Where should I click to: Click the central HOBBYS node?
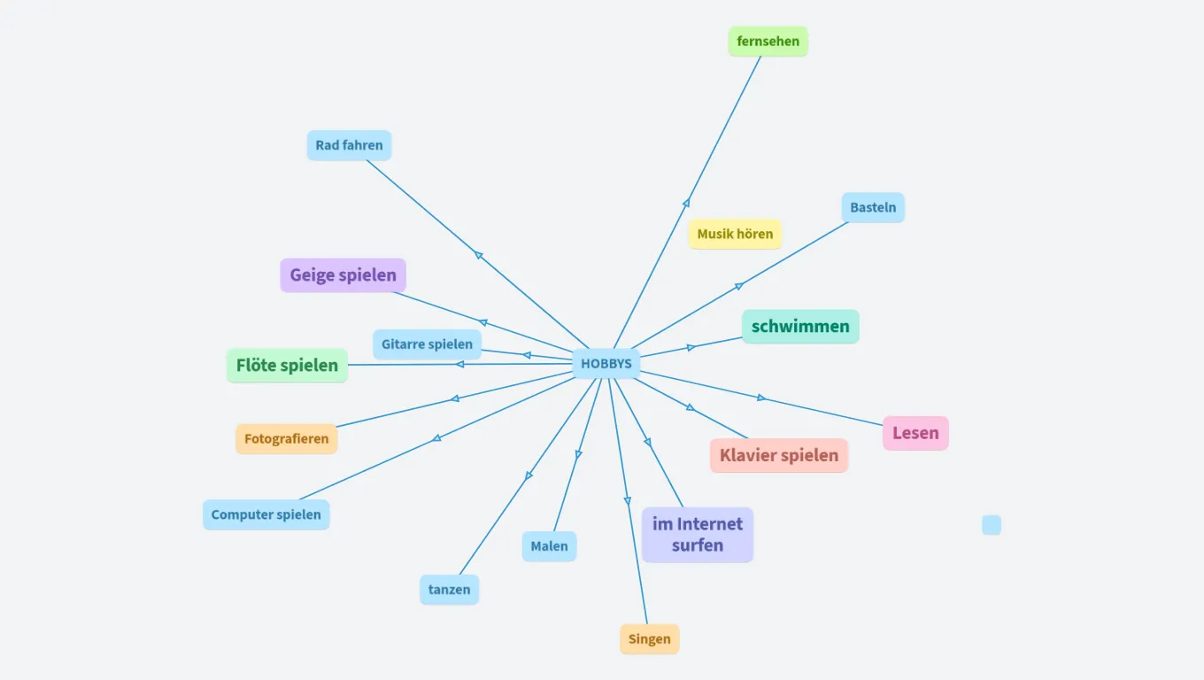[606, 364]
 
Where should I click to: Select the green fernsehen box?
[768, 42]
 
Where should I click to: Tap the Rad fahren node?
[349, 145]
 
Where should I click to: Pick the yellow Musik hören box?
[735, 235]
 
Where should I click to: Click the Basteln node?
[873, 208]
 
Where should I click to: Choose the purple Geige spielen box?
[343, 275]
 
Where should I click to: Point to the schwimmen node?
[800, 327]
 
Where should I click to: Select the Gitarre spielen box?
[427, 344]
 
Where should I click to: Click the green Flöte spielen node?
[287, 366]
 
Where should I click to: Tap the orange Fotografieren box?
[286, 439]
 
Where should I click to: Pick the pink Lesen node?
[915, 434]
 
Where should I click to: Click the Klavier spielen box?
[779, 456]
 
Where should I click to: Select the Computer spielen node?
[266, 515]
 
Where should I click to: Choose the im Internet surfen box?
[698, 535]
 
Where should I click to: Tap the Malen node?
[549, 546]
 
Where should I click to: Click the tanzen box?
[449, 590]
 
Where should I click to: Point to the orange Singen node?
[649, 639]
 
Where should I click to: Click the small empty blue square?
[992, 525]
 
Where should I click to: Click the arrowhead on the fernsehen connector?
[685, 204]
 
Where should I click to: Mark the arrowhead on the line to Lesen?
[761, 398]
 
